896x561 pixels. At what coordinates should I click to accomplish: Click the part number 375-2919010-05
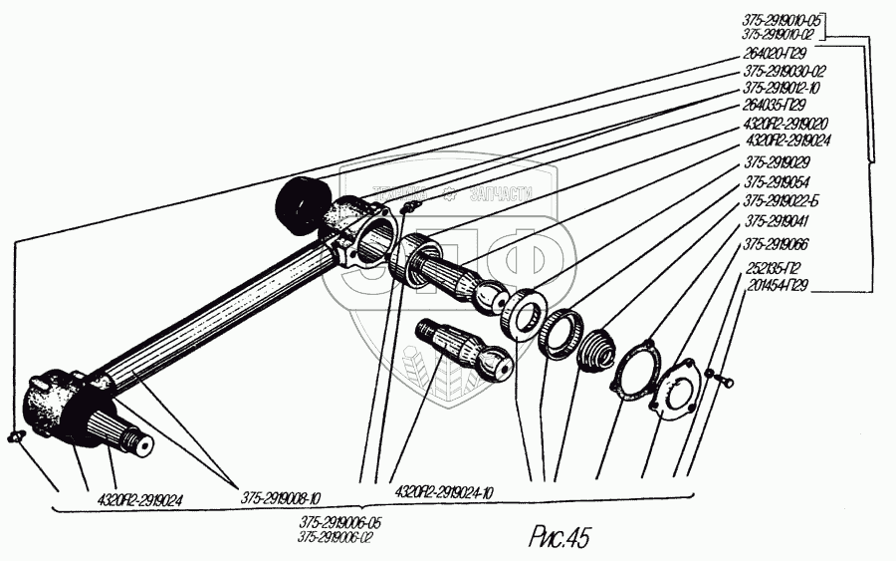click(784, 19)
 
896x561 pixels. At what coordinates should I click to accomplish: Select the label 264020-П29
click(775, 54)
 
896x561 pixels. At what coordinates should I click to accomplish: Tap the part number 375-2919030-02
click(784, 72)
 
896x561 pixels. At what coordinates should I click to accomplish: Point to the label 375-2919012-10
click(784, 89)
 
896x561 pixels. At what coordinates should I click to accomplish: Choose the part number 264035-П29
click(775, 106)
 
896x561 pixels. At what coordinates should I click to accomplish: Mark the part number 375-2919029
click(777, 162)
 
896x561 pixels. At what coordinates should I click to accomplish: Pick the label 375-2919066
click(777, 245)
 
